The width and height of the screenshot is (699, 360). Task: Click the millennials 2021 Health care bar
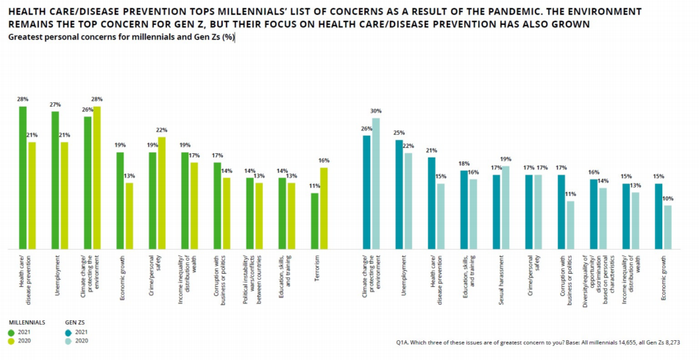[23, 177]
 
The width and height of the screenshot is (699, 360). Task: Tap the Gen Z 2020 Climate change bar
[375, 183]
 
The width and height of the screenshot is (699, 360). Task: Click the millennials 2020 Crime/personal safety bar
[161, 193]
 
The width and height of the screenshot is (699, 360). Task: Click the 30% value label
[377, 111]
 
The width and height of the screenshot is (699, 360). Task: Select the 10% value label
[667, 199]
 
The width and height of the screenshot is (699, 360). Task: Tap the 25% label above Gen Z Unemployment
[399, 133]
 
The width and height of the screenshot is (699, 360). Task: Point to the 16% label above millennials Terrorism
[324, 160]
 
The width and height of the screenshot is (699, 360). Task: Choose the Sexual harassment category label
[500, 277]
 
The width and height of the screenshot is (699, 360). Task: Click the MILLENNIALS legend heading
[27, 322]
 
